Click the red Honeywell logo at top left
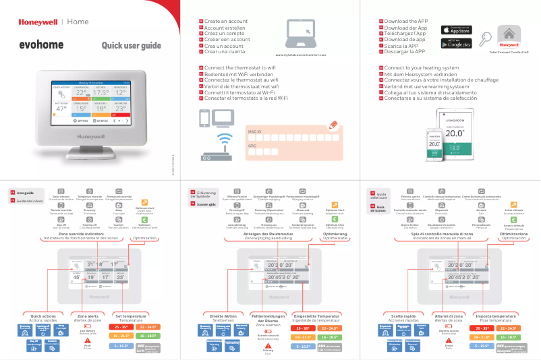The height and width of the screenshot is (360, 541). pyautogui.click(x=38, y=22)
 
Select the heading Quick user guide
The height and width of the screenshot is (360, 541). pyautogui.click(x=131, y=46)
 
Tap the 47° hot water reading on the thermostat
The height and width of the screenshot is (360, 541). pyautogui.click(x=61, y=108)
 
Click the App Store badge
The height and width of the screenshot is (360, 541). pyautogui.click(x=459, y=30)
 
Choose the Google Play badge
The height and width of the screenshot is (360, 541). pyautogui.click(x=459, y=44)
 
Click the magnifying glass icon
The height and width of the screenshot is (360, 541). pyautogui.click(x=486, y=39)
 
